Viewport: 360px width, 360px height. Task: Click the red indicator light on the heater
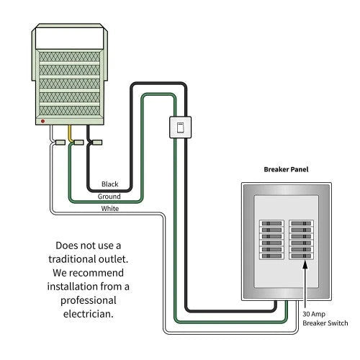tap(43, 122)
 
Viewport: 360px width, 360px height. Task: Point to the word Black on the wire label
tap(110, 184)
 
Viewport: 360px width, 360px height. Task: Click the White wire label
tap(110, 209)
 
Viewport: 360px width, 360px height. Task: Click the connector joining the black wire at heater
tap(95, 143)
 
